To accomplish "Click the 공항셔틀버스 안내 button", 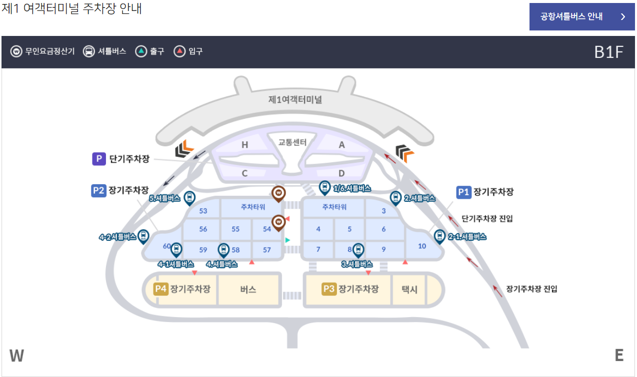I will [581, 17].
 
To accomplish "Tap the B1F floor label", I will [608, 52].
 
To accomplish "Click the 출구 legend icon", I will [141, 51].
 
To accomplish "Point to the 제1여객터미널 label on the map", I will [295, 99].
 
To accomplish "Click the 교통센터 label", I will [292, 142].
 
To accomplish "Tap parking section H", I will [244, 145].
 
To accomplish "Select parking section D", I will [341, 173].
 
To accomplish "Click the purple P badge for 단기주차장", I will [99, 159].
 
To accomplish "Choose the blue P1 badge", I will [463, 192].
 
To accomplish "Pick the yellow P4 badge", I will [160, 289].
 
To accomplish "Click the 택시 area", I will [409, 289].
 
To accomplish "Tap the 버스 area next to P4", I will [248, 289].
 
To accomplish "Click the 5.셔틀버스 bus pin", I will [189, 198].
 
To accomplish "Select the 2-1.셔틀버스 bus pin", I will [439, 237].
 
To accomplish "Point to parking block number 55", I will [235, 229].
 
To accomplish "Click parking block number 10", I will [422, 246].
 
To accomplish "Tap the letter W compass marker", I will [16, 356].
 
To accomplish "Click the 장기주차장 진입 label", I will [531, 289].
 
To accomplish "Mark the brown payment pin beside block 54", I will [278, 222].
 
